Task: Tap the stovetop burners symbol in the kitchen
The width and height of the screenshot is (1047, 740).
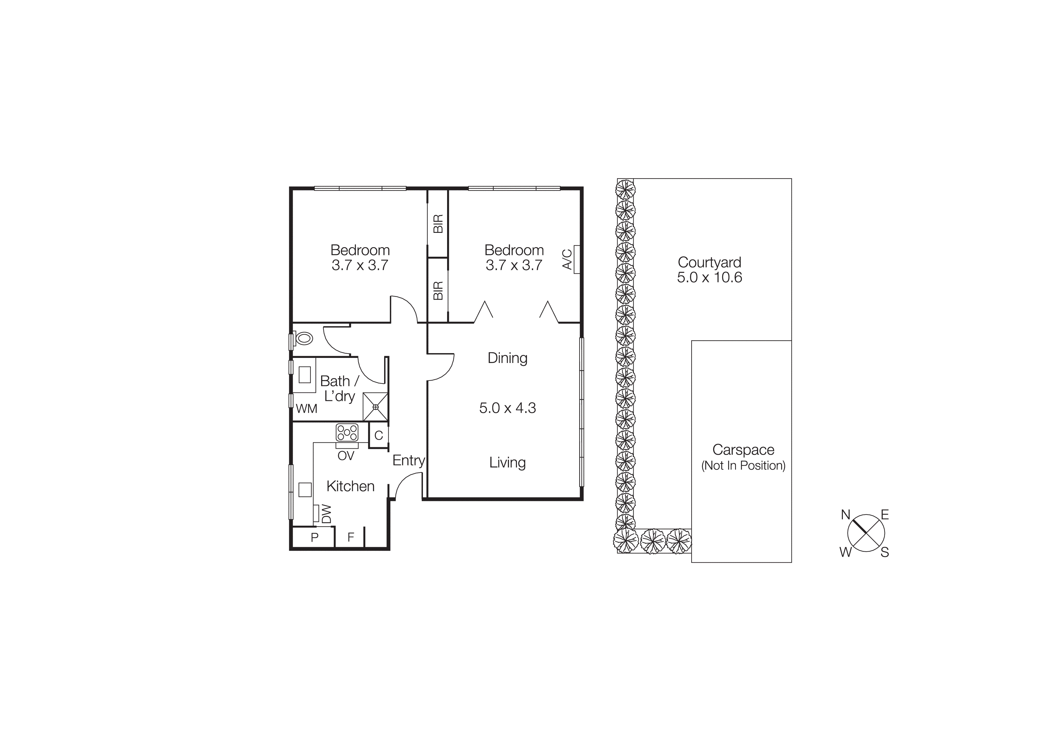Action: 347,432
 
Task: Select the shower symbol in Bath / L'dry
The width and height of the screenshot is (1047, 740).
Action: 375,407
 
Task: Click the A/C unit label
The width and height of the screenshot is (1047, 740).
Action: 567,259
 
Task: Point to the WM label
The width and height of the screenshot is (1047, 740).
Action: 307,409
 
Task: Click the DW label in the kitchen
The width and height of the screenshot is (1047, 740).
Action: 327,514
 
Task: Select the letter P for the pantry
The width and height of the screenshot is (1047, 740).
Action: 314,538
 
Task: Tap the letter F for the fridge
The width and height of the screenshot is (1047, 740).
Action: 351,538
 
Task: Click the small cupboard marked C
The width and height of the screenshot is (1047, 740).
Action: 378,436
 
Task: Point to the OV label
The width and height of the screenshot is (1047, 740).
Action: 346,456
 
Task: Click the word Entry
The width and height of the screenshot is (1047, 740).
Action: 409,461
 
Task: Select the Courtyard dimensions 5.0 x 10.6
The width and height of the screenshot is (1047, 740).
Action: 709,278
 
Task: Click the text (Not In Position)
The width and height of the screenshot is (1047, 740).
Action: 743,465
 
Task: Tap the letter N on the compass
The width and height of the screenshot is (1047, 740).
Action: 846,515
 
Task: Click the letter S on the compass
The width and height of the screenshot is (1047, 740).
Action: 885,553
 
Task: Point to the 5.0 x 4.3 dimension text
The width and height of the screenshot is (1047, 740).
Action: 508,408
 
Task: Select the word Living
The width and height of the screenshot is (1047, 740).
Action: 508,463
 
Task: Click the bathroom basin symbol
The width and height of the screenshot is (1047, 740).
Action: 305,375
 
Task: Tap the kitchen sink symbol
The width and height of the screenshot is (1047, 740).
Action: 305,490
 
